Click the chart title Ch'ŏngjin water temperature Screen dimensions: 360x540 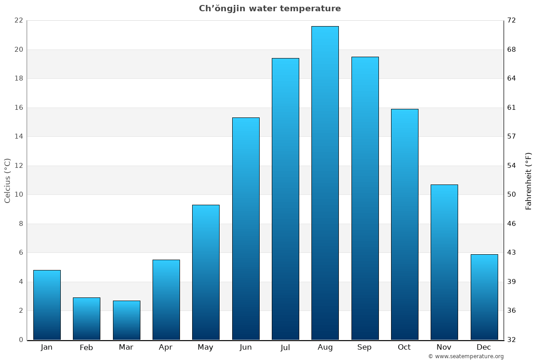tap(270, 9)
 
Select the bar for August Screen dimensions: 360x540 tap(325, 183)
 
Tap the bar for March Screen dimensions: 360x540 tap(126, 320)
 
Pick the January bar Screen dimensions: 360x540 tap(47, 305)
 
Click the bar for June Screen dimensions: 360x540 tap(246, 229)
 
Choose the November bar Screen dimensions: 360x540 tap(444, 262)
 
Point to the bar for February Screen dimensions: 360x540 tap(86, 319)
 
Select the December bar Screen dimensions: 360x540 tap(484, 297)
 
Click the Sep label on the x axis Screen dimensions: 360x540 tap(364, 347)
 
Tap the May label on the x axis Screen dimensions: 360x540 tap(206, 347)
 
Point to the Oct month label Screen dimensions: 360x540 tap(404, 347)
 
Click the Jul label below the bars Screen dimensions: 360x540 tap(285, 347)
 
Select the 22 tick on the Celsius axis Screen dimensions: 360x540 tap(18, 20)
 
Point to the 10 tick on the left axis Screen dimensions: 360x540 tap(18, 194)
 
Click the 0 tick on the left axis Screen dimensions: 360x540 tap(21, 340)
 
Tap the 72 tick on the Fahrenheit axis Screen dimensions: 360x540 tap(512, 20)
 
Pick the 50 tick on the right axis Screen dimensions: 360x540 tap(512, 194)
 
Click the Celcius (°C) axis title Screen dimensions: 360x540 tap(8, 180)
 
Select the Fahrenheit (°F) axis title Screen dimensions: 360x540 tap(529, 180)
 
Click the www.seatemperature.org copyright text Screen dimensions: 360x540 tap(466, 356)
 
